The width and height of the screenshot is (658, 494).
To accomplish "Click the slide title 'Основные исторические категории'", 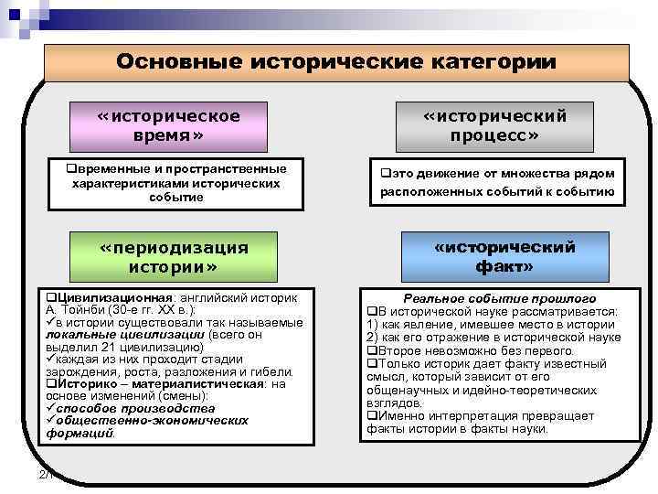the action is (335, 62).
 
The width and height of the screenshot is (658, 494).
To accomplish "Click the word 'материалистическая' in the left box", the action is (183, 384).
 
